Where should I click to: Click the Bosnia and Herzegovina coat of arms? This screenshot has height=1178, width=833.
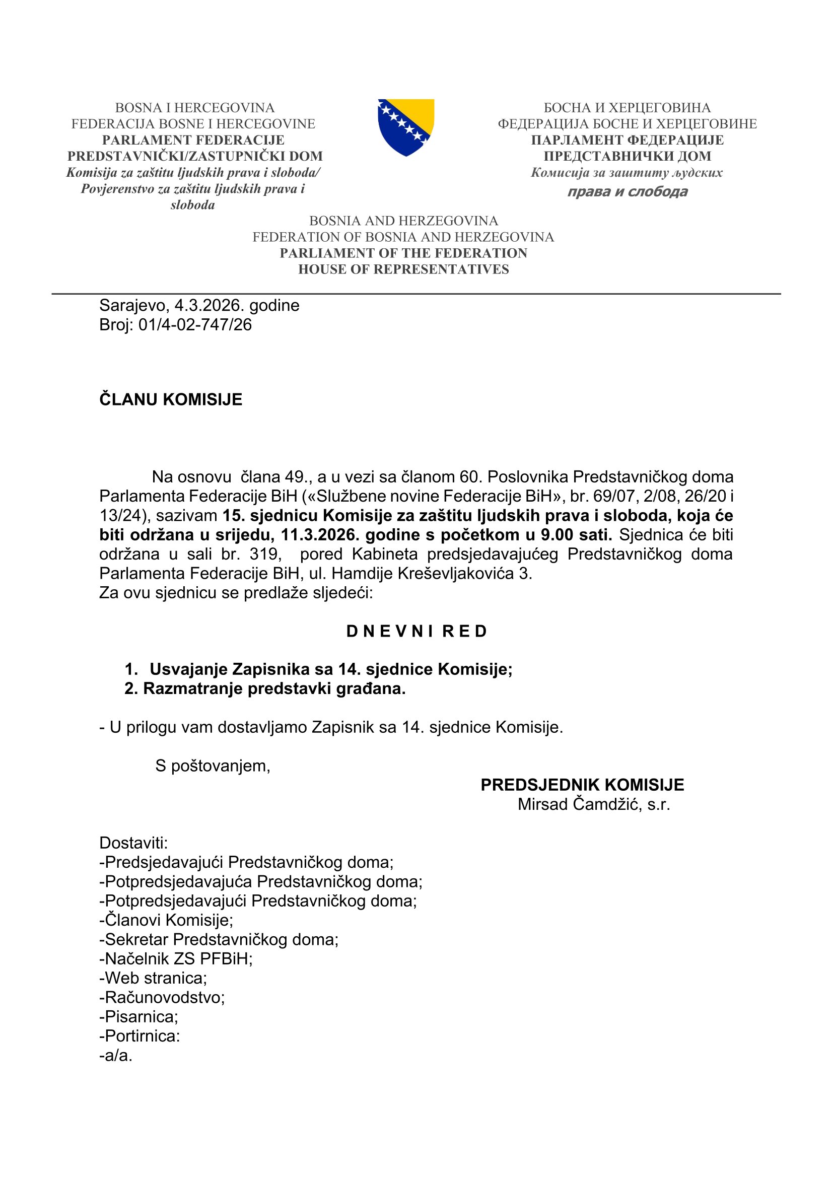click(406, 127)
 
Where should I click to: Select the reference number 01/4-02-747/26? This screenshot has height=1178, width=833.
click(195, 325)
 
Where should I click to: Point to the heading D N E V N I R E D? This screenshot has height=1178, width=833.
click(416, 631)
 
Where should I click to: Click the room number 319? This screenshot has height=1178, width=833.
click(265, 554)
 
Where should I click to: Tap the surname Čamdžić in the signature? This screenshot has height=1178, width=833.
click(607, 804)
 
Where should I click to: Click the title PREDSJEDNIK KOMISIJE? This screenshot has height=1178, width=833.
click(582, 785)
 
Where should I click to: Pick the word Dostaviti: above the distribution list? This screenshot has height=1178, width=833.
click(133, 843)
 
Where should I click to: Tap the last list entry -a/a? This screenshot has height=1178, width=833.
click(116, 1056)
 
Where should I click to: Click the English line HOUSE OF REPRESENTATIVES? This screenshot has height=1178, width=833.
click(404, 269)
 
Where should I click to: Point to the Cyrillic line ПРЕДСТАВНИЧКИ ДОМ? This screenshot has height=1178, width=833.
click(628, 156)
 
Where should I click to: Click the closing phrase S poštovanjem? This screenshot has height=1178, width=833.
click(213, 766)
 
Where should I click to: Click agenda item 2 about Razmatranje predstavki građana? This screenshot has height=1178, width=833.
click(265, 688)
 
